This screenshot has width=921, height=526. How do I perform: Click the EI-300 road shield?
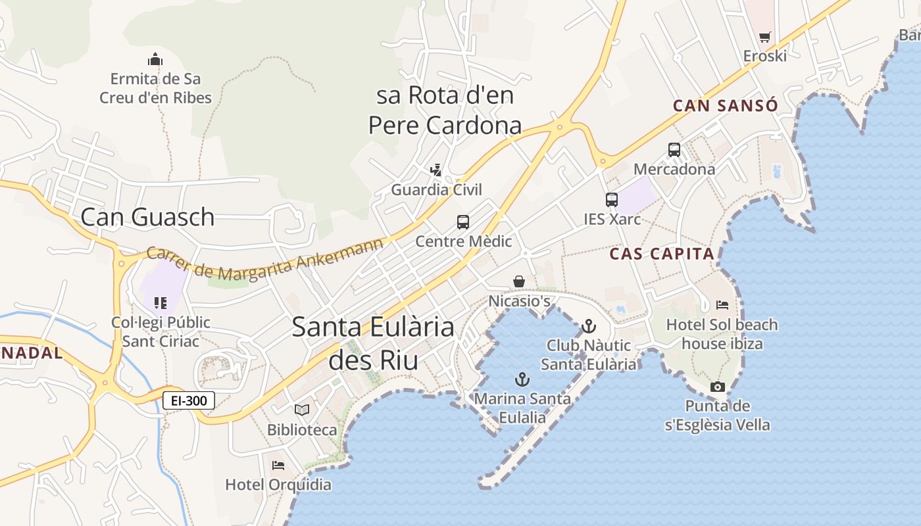pyautogui.click(x=189, y=400)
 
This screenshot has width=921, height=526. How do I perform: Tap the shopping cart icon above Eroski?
pyautogui.click(x=764, y=37)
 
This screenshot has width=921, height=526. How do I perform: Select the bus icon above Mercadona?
pyautogui.click(x=674, y=150)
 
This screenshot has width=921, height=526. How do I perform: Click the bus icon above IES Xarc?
pyautogui.click(x=612, y=200)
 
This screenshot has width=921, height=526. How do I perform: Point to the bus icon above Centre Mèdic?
pyautogui.click(x=463, y=222)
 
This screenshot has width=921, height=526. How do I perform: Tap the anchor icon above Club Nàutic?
pyautogui.click(x=588, y=326)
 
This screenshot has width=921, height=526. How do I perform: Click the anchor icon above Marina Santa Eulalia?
pyautogui.click(x=522, y=379)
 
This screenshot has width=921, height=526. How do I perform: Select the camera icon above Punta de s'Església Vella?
pyautogui.click(x=717, y=387)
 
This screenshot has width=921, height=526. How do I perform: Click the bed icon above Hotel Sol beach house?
pyautogui.click(x=722, y=305)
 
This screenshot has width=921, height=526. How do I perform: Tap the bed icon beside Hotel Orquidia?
pyautogui.click(x=278, y=466)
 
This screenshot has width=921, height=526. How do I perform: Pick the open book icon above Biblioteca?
pyautogui.click(x=302, y=410)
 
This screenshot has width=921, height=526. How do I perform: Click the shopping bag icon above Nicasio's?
pyautogui.click(x=519, y=281)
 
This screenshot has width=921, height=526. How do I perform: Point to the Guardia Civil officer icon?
pyautogui.click(x=436, y=170)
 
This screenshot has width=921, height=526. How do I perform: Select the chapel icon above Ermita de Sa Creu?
pyautogui.click(x=155, y=59)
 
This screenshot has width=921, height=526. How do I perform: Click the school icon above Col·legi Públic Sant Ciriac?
pyautogui.click(x=161, y=303)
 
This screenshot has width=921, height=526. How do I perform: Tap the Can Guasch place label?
pyautogui.click(x=147, y=217)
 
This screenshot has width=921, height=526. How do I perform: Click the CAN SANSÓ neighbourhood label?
pyautogui.click(x=725, y=106)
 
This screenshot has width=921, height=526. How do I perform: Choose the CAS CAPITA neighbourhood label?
pyautogui.click(x=661, y=254)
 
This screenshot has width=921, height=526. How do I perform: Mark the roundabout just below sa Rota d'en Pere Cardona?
pyautogui.click(x=560, y=127)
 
